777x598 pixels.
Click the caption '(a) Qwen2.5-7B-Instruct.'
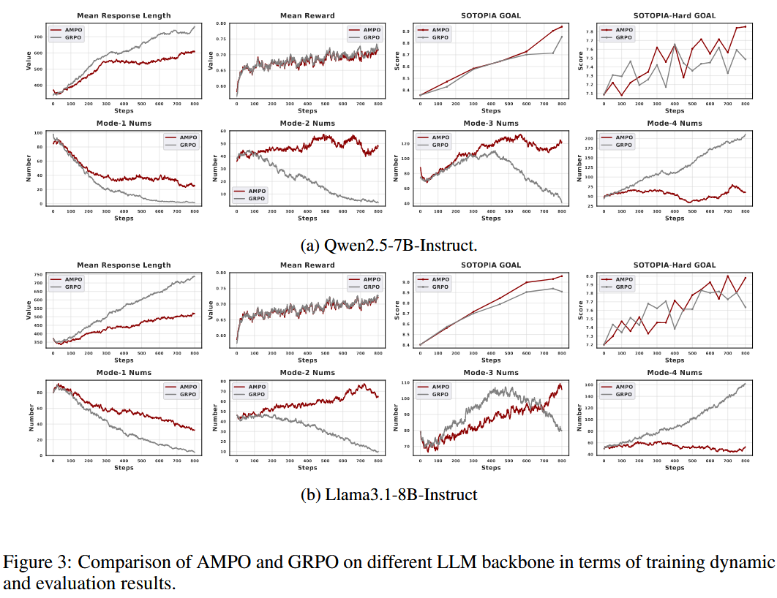point(388,243)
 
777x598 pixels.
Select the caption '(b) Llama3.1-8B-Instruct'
point(388,495)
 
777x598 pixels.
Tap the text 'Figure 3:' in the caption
point(37,563)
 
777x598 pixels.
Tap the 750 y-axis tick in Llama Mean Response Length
point(38,275)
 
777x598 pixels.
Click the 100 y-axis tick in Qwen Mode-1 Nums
point(38,133)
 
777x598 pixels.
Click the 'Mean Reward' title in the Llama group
point(307,265)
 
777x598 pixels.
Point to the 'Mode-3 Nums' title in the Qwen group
point(491,124)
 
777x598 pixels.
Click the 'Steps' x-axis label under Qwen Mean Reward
point(307,110)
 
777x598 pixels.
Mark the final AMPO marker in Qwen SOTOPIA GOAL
point(562,26)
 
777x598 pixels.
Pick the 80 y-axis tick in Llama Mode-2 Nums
point(223,382)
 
